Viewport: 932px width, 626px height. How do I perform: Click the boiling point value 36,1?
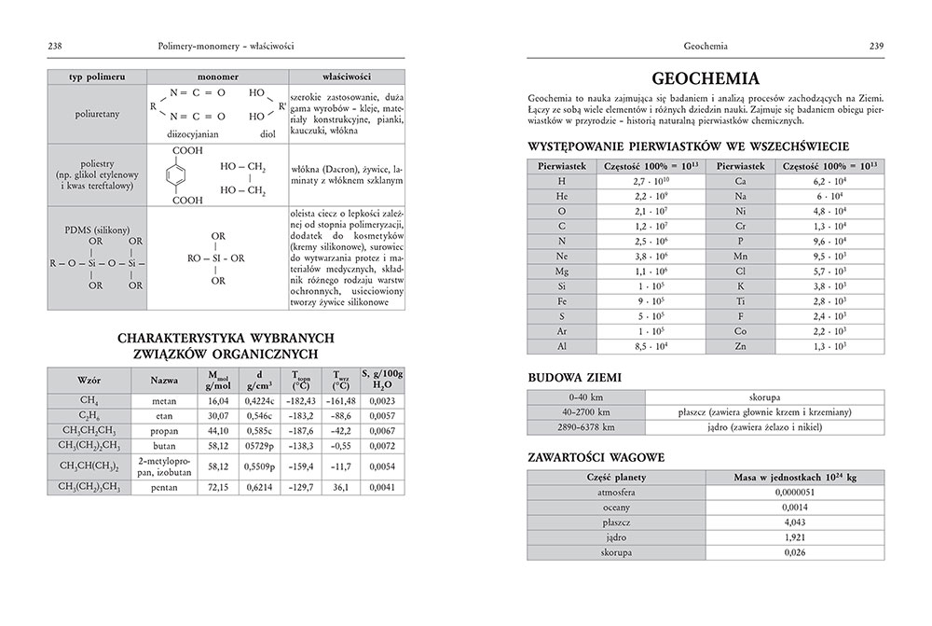pos(340,487)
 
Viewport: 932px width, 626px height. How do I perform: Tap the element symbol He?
pos(561,197)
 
